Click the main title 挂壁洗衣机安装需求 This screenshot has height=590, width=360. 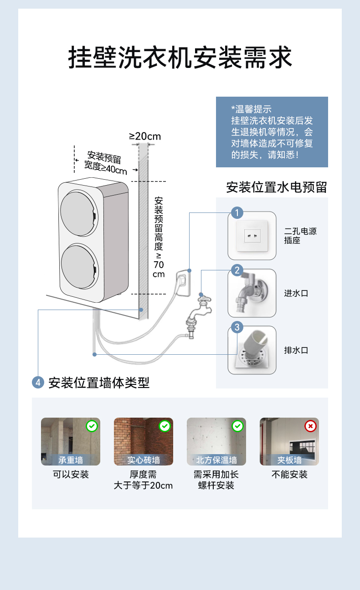180,58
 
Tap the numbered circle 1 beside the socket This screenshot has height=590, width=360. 237,212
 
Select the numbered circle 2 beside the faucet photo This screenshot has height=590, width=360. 237,270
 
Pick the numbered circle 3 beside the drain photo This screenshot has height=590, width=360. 237,327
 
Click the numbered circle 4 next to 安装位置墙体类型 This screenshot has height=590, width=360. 38,382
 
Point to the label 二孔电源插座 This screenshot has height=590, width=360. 300,236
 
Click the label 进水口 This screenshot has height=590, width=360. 296,293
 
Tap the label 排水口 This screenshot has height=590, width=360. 296,350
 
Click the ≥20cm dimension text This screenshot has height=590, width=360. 145,136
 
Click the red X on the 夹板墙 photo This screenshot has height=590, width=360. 310,426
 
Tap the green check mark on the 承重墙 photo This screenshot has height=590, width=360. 92,426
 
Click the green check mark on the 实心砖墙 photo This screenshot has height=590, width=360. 165,426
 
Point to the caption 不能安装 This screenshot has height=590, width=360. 289,475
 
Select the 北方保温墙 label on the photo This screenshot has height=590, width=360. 216,460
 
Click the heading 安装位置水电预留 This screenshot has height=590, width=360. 277,187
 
